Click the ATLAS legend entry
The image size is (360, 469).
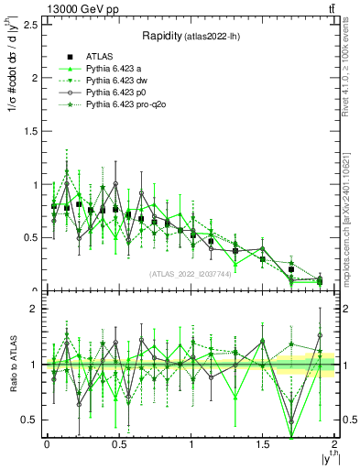point(101,57)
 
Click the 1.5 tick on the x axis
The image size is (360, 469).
point(263,443)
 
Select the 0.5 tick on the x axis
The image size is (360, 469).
point(119,443)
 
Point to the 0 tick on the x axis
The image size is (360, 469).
point(47,443)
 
